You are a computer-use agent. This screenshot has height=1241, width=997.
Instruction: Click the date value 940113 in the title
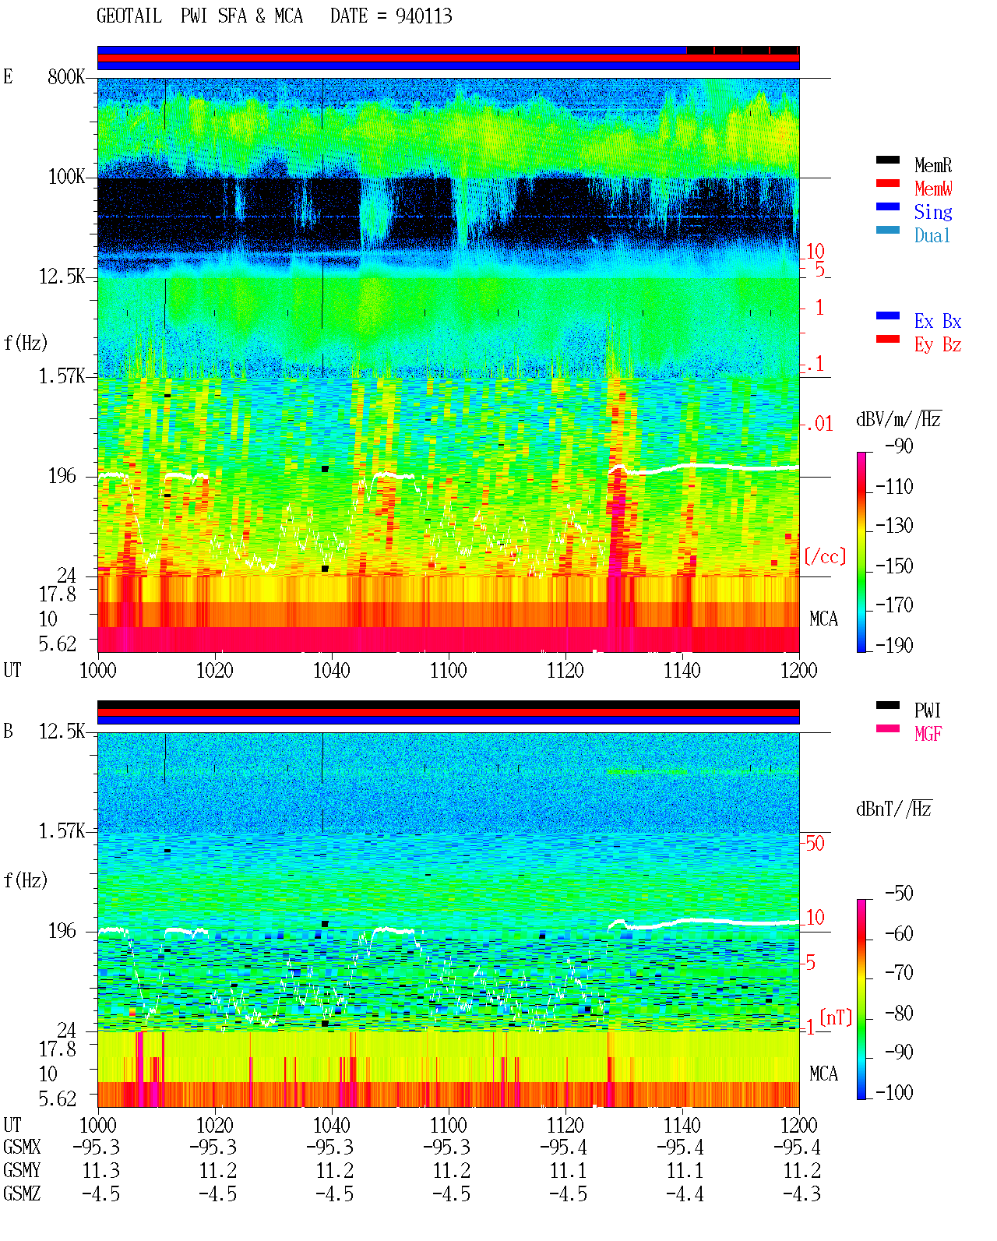(x=424, y=16)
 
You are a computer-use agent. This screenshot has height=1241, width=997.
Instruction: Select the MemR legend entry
(x=933, y=165)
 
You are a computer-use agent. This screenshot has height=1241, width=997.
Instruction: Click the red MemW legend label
(x=933, y=189)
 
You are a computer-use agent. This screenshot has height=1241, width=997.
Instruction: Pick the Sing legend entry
(x=933, y=212)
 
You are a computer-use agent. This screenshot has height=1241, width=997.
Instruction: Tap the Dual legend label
(x=932, y=235)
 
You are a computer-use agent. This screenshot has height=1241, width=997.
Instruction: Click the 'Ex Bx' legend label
(x=938, y=321)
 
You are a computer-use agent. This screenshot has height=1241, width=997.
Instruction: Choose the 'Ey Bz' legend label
(x=938, y=345)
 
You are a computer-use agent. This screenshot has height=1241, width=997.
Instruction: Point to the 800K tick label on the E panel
(x=66, y=77)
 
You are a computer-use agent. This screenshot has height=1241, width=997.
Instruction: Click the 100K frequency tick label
(x=66, y=177)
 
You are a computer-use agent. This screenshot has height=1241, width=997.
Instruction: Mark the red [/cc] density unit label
(x=825, y=556)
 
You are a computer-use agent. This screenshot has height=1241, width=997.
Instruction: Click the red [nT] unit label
(x=836, y=1017)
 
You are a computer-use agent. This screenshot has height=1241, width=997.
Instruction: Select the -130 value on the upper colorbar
(x=894, y=526)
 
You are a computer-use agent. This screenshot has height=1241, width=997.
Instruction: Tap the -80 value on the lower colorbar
(x=899, y=1014)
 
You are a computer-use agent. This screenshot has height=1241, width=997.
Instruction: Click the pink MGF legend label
(x=928, y=734)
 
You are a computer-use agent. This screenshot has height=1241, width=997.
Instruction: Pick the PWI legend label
(x=928, y=710)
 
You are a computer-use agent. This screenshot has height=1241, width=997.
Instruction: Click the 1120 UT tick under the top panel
(x=565, y=671)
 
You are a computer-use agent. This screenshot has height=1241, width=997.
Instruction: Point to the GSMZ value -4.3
(x=801, y=1193)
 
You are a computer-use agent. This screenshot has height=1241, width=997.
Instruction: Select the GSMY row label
(x=22, y=1170)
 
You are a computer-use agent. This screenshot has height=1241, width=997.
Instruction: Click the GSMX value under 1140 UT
(x=680, y=1147)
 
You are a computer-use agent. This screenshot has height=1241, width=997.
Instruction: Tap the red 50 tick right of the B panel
(x=815, y=844)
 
